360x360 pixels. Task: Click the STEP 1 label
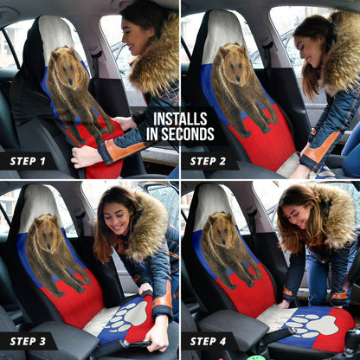pyautogui.click(x=28, y=161)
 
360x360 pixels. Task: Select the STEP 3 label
pyautogui.click(x=28, y=341)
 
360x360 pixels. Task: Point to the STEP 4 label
pyautogui.click(x=209, y=341)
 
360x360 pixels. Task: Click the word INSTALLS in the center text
pyautogui.click(x=179, y=119)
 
